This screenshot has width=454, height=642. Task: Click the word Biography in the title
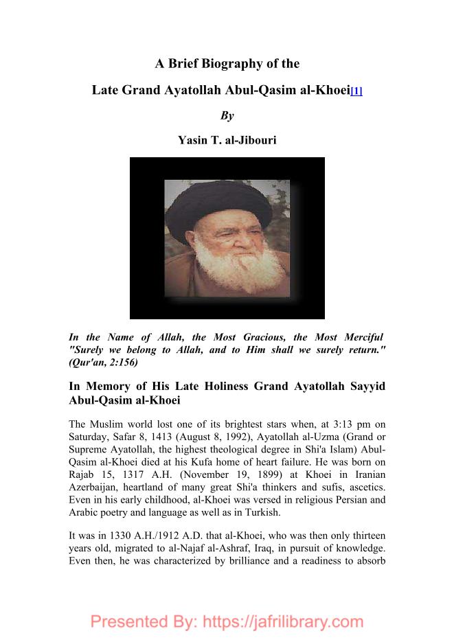point(232,65)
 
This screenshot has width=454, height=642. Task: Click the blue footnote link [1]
point(356,91)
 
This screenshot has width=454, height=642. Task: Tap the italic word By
point(227,116)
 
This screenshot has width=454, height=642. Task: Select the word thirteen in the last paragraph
point(363,535)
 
